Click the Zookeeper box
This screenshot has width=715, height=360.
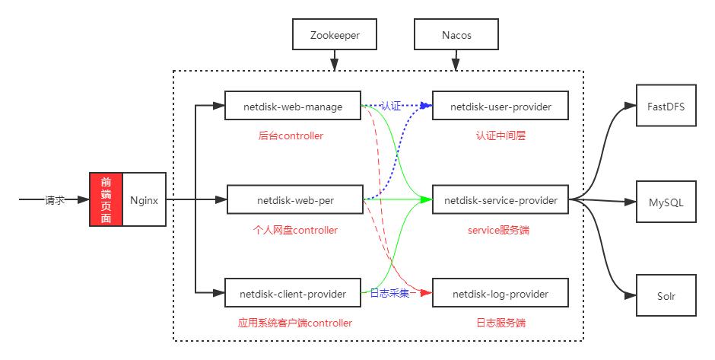pos(335,35)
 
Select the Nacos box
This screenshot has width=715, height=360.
pos(456,35)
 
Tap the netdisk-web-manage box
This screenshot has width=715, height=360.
pos(293,107)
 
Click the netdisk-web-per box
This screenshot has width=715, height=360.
pos(295,201)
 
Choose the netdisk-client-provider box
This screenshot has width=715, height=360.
pos(293,293)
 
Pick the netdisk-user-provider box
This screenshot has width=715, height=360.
pos(500,107)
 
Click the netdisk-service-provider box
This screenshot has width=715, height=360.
pos(500,201)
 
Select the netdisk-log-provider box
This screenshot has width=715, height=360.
pos(500,293)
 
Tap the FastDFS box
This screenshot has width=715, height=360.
pos(666,107)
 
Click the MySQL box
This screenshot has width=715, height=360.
pos(666,202)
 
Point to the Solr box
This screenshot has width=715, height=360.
pos(666,296)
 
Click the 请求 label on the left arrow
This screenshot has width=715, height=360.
pos(55,201)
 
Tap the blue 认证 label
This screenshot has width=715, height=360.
pos(390,107)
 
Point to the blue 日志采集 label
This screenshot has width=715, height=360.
pos(389,293)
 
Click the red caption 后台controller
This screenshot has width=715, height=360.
pos(291,136)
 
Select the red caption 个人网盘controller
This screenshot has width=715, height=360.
pos(294,230)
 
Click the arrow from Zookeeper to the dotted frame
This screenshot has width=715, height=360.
pos(335,61)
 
